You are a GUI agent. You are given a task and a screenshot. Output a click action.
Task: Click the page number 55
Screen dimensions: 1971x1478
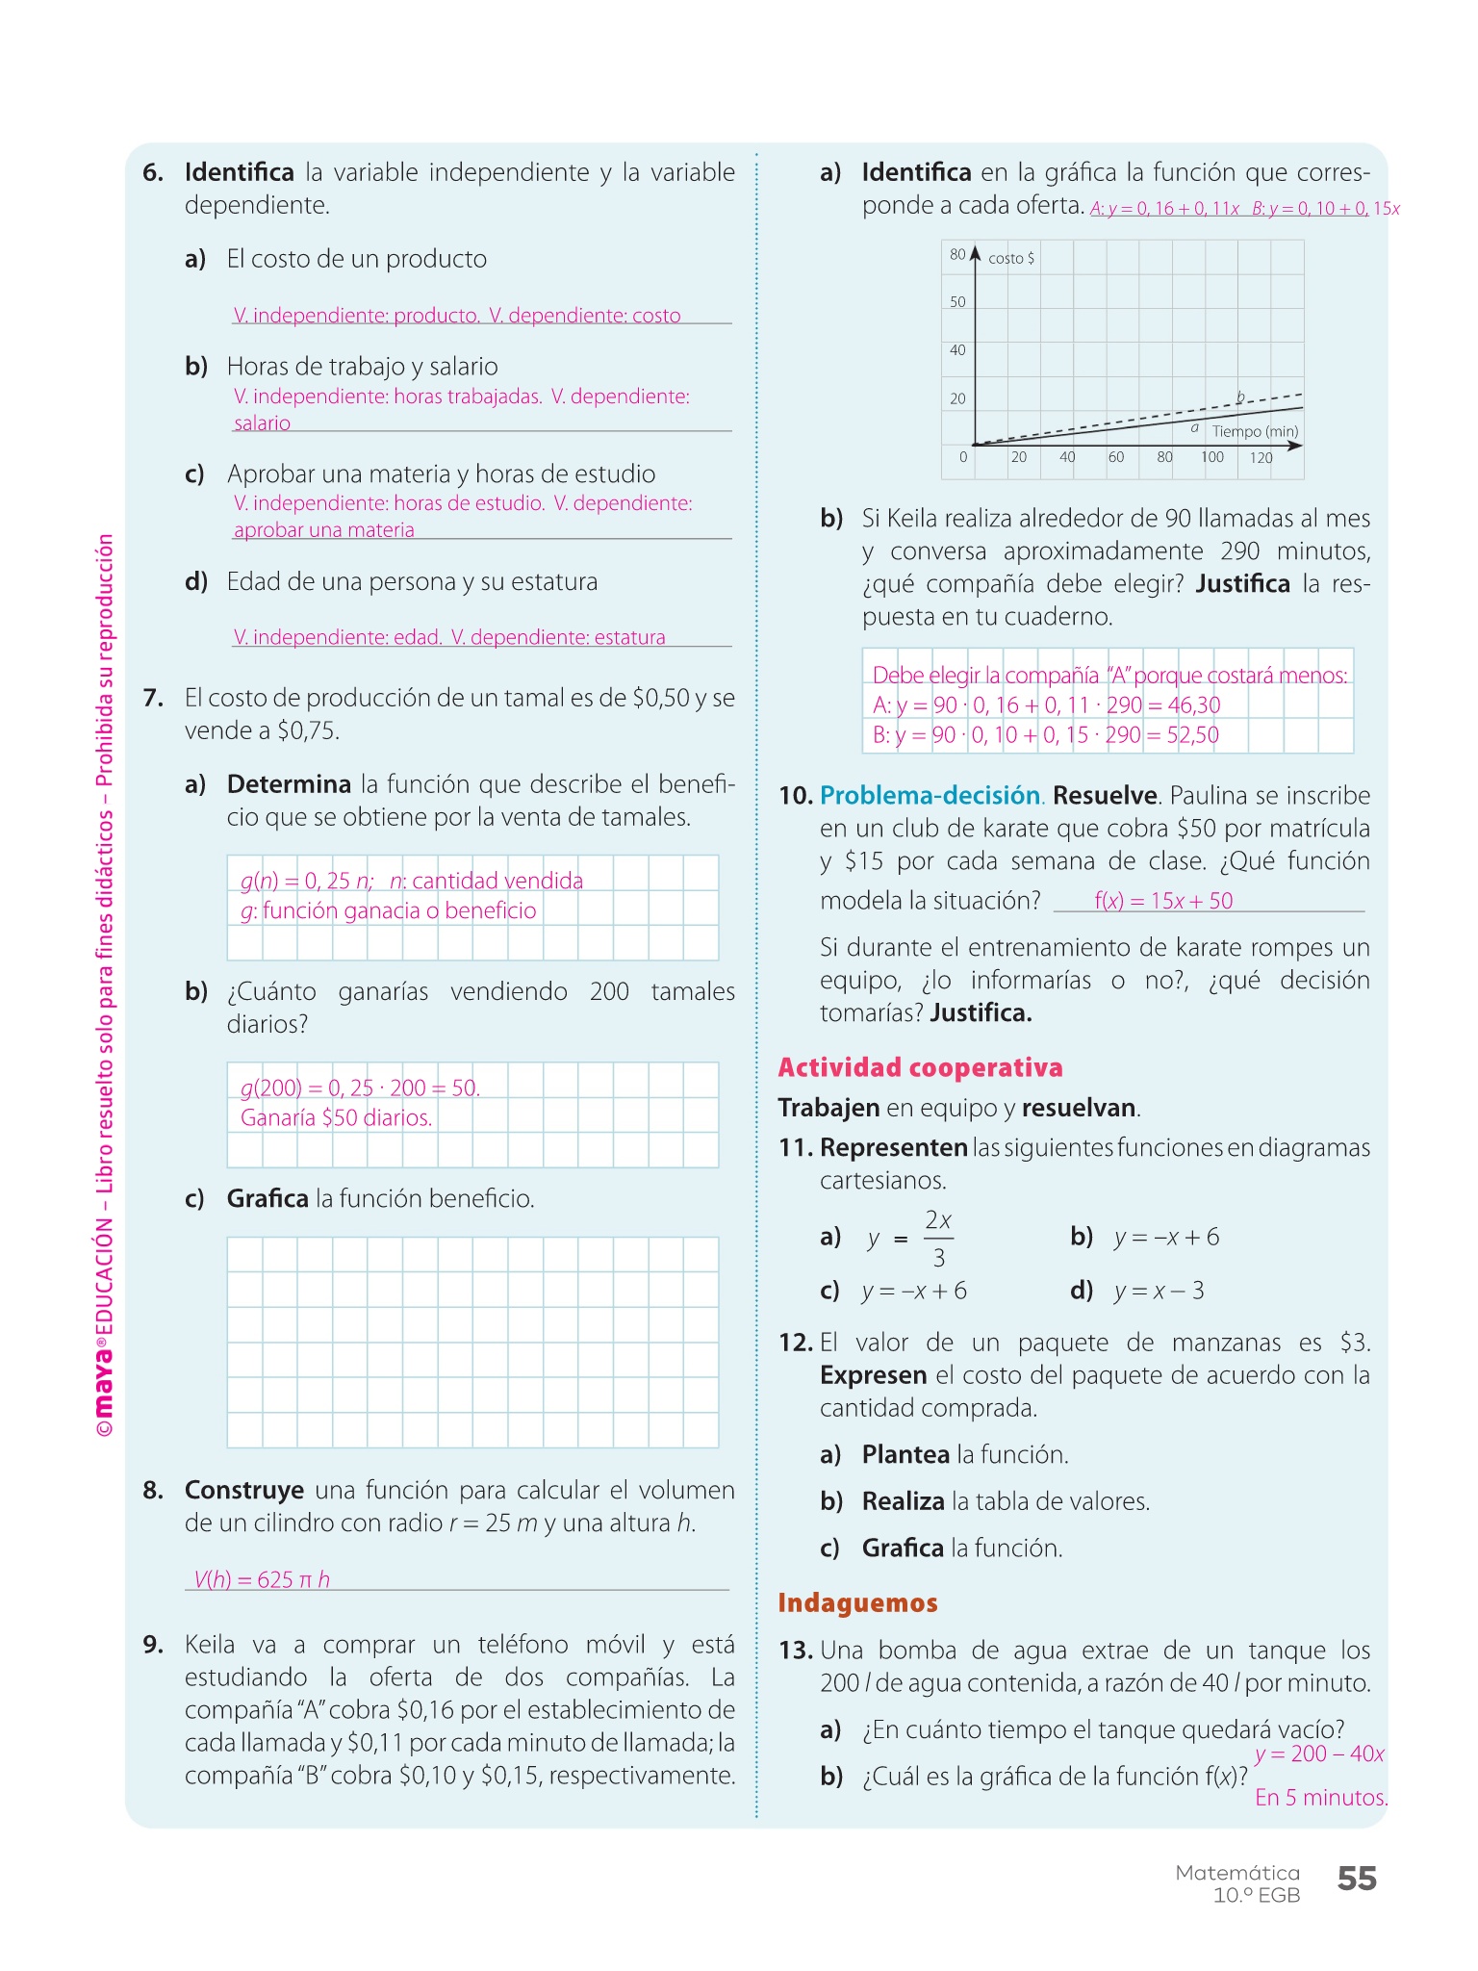pyautogui.click(x=1357, y=1878)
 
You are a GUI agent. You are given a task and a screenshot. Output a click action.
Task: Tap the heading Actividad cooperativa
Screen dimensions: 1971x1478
pyautogui.click(x=920, y=1067)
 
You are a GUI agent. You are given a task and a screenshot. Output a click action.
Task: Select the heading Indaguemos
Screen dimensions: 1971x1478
pyautogui.click(x=857, y=1602)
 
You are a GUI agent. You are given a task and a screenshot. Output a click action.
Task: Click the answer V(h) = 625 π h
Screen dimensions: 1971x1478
pyautogui.click(x=262, y=1579)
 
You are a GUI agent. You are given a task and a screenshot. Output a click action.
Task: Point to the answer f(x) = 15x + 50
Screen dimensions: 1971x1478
pyautogui.click(x=1162, y=901)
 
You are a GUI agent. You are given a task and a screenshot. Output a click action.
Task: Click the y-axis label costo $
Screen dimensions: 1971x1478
pyautogui.click(x=1011, y=258)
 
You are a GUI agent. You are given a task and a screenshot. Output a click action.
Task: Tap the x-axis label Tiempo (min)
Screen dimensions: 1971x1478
pyautogui.click(x=1255, y=431)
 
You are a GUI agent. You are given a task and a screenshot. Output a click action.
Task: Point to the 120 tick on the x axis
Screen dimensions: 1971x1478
pyautogui.click(x=1261, y=458)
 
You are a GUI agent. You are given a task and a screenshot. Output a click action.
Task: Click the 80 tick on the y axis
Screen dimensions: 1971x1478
pyautogui.click(x=957, y=255)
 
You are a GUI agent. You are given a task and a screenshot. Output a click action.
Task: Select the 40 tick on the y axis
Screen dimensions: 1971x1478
pyautogui.click(x=957, y=350)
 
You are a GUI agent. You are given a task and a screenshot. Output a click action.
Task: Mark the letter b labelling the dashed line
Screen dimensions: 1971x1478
pyautogui.click(x=1240, y=397)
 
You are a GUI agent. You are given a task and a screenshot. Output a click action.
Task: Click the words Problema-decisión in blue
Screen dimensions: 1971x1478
pyautogui.click(x=930, y=796)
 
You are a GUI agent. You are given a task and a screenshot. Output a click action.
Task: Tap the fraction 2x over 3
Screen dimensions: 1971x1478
pyautogui.click(x=938, y=1239)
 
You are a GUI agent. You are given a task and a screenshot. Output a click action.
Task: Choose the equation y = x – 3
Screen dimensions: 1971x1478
pyautogui.click(x=1159, y=1291)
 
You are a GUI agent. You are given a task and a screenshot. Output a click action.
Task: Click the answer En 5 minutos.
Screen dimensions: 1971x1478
pyautogui.click(x=1320, y=1797)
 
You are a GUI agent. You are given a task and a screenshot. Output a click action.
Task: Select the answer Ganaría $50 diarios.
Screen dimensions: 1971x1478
pyautogui.click(x=336, y=1117)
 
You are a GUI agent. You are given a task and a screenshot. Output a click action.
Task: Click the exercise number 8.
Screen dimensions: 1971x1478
pyautogui.click(x=153, y=1491)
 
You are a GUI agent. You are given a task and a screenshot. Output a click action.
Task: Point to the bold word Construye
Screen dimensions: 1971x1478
pyautogui.click(x=244, y=1491)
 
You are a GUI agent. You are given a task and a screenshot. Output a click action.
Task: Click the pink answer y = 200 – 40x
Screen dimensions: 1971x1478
pyautogui.click(x=1319, y=1753)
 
